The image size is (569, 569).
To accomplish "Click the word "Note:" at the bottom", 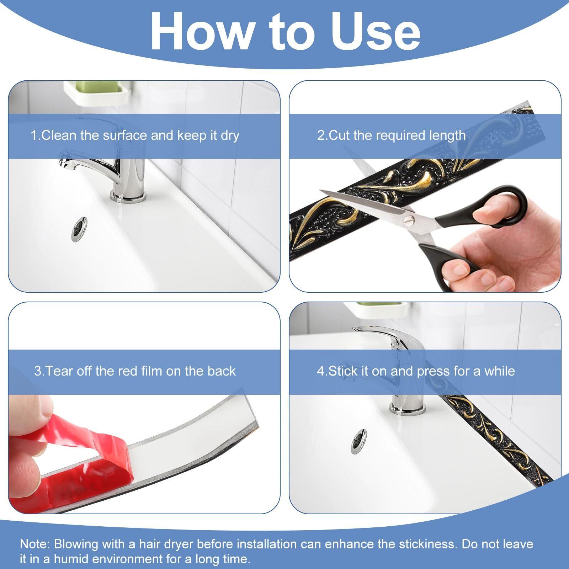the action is [x=36, y=544].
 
